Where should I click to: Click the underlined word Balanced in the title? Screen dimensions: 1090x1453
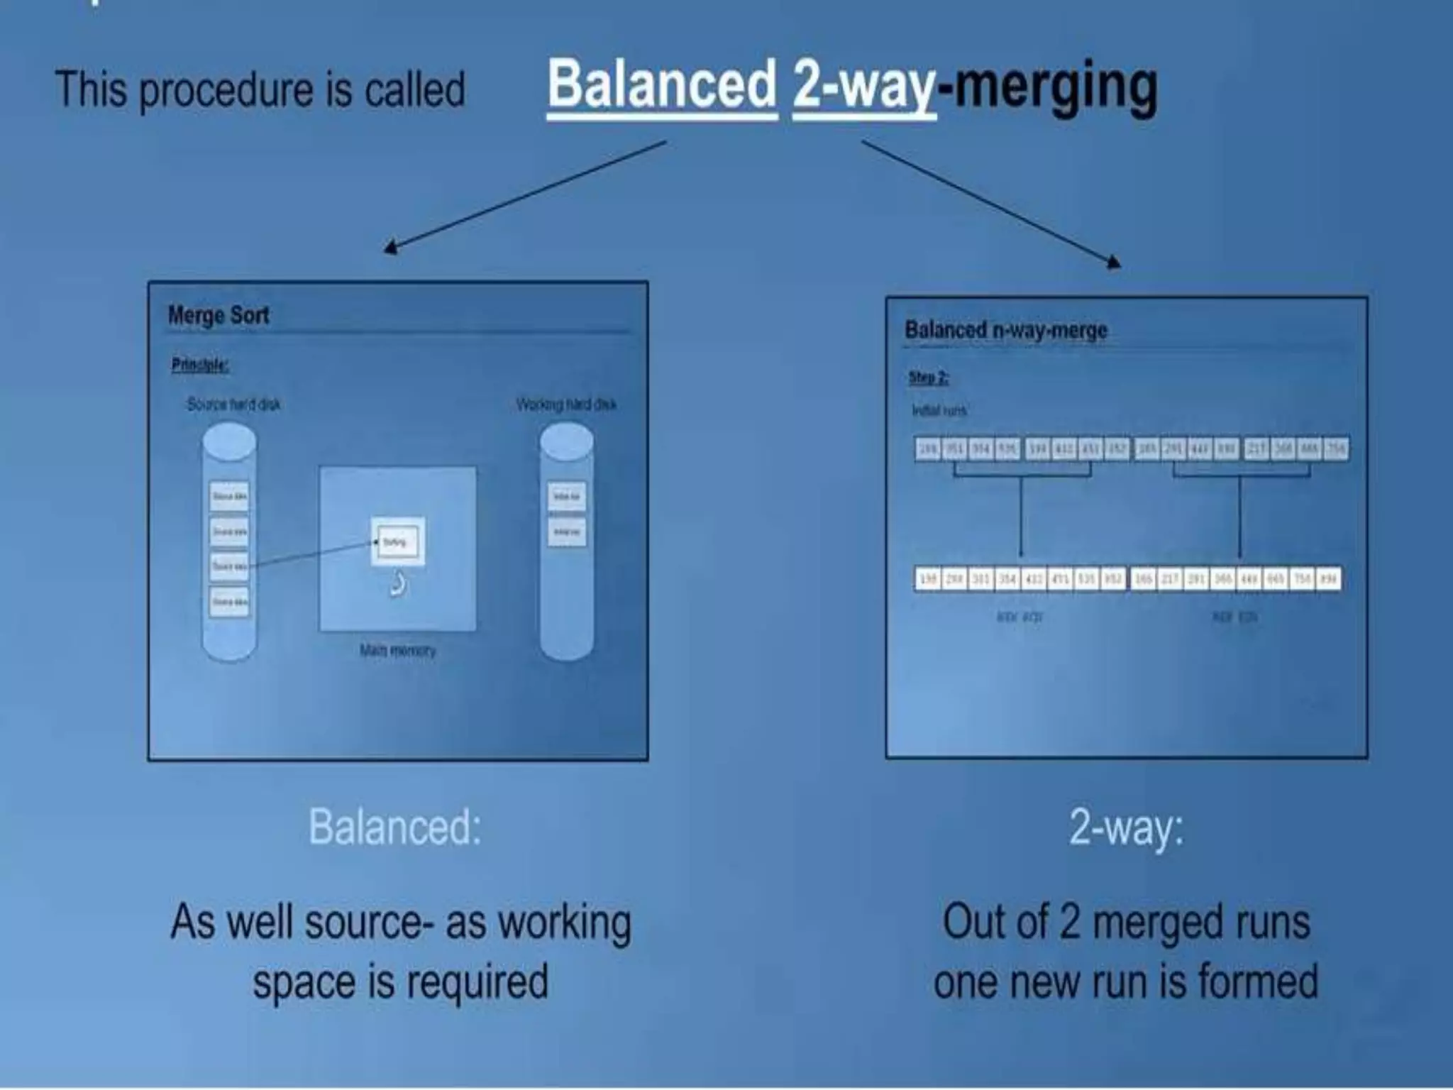(x=662, y=86)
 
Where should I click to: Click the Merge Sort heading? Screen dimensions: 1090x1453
(x=219, y=315)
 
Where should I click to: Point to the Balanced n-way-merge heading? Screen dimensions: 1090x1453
(x=1005, y=330)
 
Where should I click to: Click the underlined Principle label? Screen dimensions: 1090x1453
(x=199, y=365)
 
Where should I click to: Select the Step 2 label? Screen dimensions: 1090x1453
(x=928, y=377)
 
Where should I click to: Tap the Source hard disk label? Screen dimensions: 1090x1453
(x=233, y=404)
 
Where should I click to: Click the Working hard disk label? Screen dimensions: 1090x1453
(x=565, y=404)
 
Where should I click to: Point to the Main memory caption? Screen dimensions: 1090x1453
(x=397, y=650)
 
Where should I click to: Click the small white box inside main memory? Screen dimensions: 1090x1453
(x=397, y=542)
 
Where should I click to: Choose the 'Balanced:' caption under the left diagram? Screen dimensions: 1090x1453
(x=395, y=827)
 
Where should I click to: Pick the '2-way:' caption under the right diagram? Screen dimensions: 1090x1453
(x=1126, y=827)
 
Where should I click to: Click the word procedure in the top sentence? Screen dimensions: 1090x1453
(x=226, y=91)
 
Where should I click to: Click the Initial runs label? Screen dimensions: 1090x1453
(x=939, y=411)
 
